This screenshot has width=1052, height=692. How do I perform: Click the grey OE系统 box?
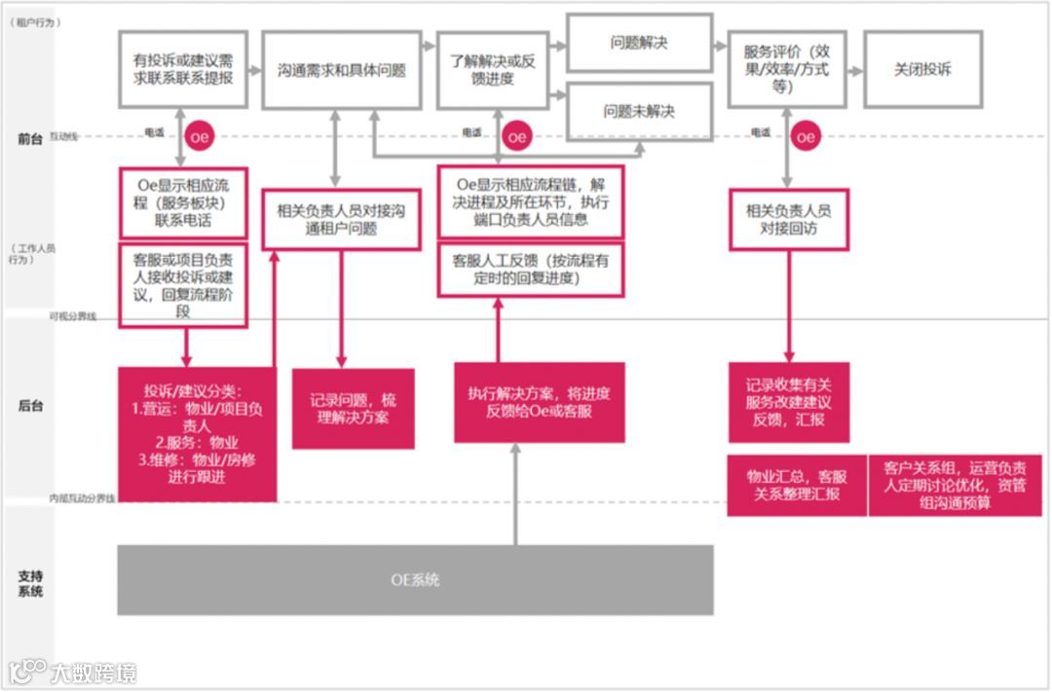click(x=415, y=580)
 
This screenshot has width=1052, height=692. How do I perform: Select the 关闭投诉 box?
click(x=922, y=70)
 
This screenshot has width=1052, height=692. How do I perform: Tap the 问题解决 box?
click(x=639, y=43)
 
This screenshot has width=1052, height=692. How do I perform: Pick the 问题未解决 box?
click(x=639, y=111)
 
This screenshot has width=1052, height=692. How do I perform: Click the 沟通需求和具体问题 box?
click(x=341, y=70)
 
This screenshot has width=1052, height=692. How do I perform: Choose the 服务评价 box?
click(x=786, y=69)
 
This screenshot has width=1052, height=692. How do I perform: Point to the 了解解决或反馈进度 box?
click(x=493, y=70)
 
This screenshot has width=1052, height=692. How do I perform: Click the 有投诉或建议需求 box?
click(x=183, y=70)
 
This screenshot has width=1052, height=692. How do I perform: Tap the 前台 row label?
click(x=30, y=139)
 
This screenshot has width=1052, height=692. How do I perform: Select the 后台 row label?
click(x=30, y=405)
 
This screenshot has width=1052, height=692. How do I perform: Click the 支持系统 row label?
click(x=30, y=583)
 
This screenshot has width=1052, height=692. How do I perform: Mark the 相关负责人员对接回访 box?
click(x=788, y=220)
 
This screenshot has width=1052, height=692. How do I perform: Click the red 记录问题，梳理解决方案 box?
click(x=353, y=409)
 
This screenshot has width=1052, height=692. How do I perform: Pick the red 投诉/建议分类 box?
click(x=197, y=434)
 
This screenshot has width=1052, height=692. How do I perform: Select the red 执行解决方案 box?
click(x=539, y=402)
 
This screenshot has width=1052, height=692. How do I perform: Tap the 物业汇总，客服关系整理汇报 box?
click(x=797, y=485)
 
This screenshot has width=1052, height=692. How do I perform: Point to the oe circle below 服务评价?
click(x=805, y=137)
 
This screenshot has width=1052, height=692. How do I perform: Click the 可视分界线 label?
click(x=73, y=316)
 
